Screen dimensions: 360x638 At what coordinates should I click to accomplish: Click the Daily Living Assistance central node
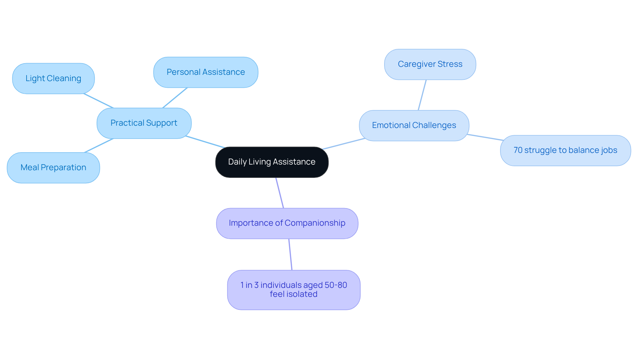point(272,162)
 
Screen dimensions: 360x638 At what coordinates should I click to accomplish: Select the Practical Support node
point(144,123)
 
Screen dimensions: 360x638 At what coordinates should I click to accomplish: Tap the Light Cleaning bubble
point(53,79)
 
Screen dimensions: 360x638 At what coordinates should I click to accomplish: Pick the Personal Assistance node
point(206,72)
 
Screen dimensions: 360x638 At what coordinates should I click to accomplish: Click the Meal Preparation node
point(53,168)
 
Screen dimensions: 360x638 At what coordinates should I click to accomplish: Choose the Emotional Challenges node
point(414,126)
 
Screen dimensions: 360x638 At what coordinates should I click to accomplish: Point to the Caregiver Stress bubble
point(430,64)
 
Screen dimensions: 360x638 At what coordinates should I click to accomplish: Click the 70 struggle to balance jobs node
point(565,151)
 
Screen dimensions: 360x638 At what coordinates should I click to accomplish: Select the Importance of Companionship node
point(287,223)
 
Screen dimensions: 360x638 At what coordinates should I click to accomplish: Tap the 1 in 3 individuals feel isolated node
point(294,290)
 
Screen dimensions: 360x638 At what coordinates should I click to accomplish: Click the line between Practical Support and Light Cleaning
point(99,101)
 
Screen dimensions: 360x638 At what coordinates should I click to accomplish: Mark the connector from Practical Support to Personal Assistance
point(175,98)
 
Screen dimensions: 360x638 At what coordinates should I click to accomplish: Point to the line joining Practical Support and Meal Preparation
point(99,146)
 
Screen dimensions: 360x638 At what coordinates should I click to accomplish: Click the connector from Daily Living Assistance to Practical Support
point(205,142)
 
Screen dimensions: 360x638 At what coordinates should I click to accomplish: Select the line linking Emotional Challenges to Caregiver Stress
point(422,95)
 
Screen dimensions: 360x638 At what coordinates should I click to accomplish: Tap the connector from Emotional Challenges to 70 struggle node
point(485,138)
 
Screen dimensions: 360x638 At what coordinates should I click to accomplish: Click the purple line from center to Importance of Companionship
point(279,193)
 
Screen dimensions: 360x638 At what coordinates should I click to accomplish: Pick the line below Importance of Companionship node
point(290,255)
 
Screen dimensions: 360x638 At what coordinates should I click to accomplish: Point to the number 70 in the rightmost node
point(518,151)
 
